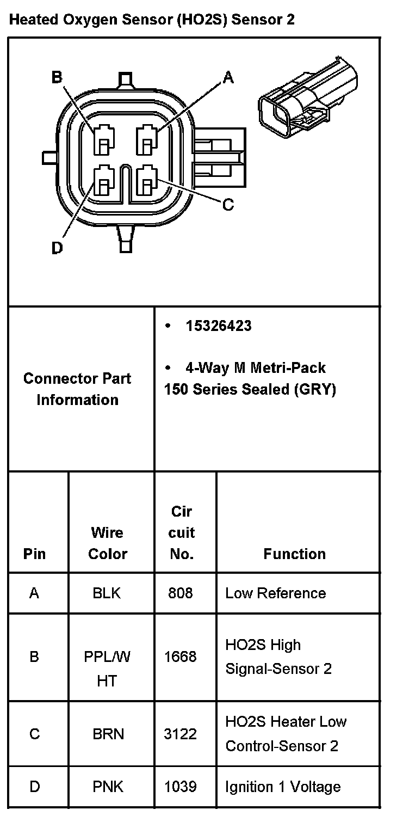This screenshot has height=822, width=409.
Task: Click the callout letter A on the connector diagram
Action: click(228, 78)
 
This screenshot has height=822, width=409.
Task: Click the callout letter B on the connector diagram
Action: click(57, 78)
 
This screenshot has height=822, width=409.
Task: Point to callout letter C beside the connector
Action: click(228, 205)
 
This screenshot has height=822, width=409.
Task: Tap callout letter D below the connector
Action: click(57, 248)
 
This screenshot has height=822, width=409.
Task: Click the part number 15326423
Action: click(218, 326)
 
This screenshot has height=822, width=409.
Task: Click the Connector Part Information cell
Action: click(77, 389)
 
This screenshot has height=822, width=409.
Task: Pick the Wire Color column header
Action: click(107, 543)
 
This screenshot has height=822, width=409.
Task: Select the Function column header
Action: click(294, 554)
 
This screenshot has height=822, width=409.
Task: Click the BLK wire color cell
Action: click(107, 593)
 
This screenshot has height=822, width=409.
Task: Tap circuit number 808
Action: click(180, 593)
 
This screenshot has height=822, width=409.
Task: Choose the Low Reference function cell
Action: click(275, 593)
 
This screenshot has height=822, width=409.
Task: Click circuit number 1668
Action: click(180, 657)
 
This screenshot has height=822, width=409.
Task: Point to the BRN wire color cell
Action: click(108, 734)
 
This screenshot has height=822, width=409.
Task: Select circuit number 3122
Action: click(180, 734)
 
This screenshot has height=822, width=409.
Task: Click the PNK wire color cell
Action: click(108, 787)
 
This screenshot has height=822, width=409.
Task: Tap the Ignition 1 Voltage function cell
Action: click(283, 787)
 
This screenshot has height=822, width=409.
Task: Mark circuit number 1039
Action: click(180, 787)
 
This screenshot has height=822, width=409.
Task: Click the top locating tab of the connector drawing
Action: click(126, 79)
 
